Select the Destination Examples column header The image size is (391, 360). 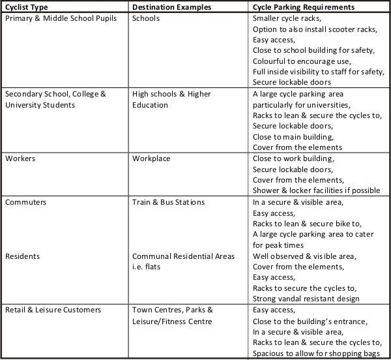[171, 7]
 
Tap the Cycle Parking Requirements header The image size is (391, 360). [304, 7]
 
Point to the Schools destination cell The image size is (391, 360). [145, 18]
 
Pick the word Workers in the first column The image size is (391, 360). [21, 158]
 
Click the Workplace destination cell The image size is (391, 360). [153, 158]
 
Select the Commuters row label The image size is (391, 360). [25, 202]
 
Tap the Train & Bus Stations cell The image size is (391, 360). [168, 202]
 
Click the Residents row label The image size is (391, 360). [22, 256]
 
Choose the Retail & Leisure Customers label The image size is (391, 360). [53, 310]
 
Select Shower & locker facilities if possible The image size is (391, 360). [316, 190]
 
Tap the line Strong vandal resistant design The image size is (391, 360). [306, 299]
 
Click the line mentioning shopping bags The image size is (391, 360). [316, 353]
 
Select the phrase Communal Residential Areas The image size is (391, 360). [183, 256]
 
